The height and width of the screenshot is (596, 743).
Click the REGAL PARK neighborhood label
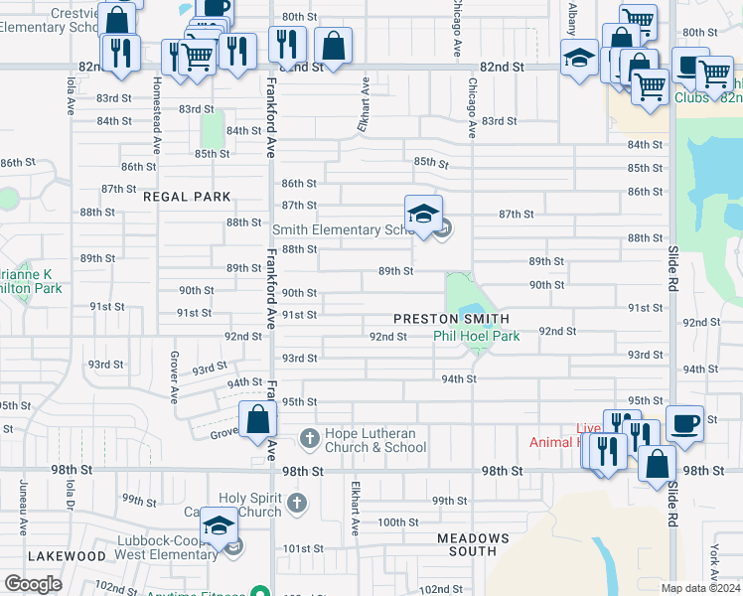coord(187,197)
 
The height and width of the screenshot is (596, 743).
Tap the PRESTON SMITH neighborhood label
coord(451,319)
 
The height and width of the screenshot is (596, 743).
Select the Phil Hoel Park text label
coord(476,337)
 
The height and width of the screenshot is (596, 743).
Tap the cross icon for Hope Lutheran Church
coord(310,437)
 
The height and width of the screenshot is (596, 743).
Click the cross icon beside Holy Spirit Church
coord(296,504)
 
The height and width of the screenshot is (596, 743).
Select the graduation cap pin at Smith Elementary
coord(423,214)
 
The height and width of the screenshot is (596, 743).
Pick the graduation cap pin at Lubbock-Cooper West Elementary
coord(220,525)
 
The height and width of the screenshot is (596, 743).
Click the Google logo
coord(33,584)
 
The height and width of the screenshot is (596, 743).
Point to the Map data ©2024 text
coord(700,588)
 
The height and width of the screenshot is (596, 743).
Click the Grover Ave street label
coord(174,376)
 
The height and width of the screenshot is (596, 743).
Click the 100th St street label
coord(397,522)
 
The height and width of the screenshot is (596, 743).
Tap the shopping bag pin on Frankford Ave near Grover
coord(258,420)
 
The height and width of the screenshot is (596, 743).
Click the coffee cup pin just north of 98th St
coord(685,423)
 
